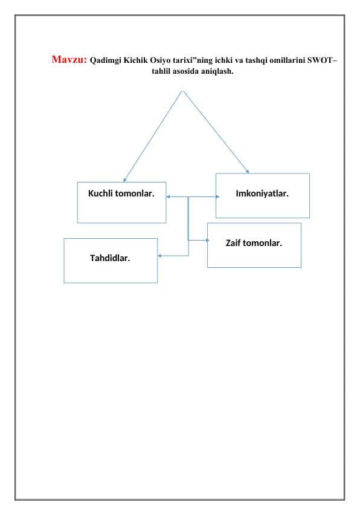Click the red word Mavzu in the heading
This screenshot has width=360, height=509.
pyautogui.click(x=69, y=59)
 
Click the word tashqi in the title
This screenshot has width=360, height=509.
pyautogui.click(x=256, y=60)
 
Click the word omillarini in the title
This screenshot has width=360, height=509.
pyautogui.click(x=288, y=60)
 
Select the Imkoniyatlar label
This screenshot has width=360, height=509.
pyautogui.click(x=262, y=193)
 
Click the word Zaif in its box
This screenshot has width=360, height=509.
pyautogui.click(x=233, y=243)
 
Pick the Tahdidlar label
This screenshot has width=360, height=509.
pyautogui.click(x=110, y=258)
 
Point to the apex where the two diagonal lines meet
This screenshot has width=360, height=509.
pyautogui.click(x=182, y=91)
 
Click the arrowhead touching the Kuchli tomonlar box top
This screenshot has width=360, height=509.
pyautogui.click(x=124, y=181)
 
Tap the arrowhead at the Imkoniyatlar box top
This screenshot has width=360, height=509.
pyautogui.click(x=248, y=172)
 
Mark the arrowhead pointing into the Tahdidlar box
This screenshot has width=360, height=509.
pyautogui.click(x=159, y=256)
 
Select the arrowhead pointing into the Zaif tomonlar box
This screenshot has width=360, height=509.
pyautogui.click(x=208, y=240)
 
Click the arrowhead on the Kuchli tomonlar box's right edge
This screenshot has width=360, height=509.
pyautogui.click(x=168, y=196)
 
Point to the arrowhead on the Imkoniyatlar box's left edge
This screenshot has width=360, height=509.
pyautogui.click(x=217, y=196)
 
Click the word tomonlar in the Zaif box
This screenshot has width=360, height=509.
pyautogui.click(x=262, y=243)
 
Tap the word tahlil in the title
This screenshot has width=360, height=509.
pyautogui.click(x=161, y=71)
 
